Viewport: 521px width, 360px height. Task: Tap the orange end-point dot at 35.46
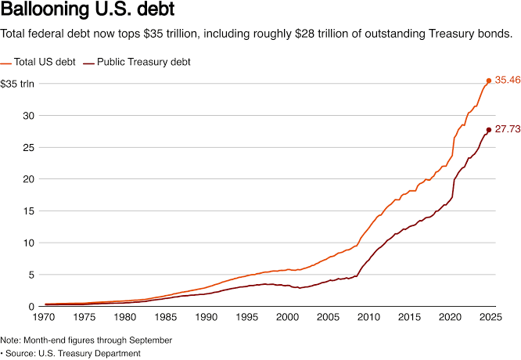489,81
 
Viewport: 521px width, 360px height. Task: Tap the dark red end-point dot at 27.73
489,130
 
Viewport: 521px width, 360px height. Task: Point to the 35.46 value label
507,81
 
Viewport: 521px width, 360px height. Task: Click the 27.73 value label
507,129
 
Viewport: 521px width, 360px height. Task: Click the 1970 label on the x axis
45,318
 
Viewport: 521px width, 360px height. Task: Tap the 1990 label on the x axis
207,318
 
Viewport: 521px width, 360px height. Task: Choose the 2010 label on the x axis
368,318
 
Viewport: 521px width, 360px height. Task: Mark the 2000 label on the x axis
287,318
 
